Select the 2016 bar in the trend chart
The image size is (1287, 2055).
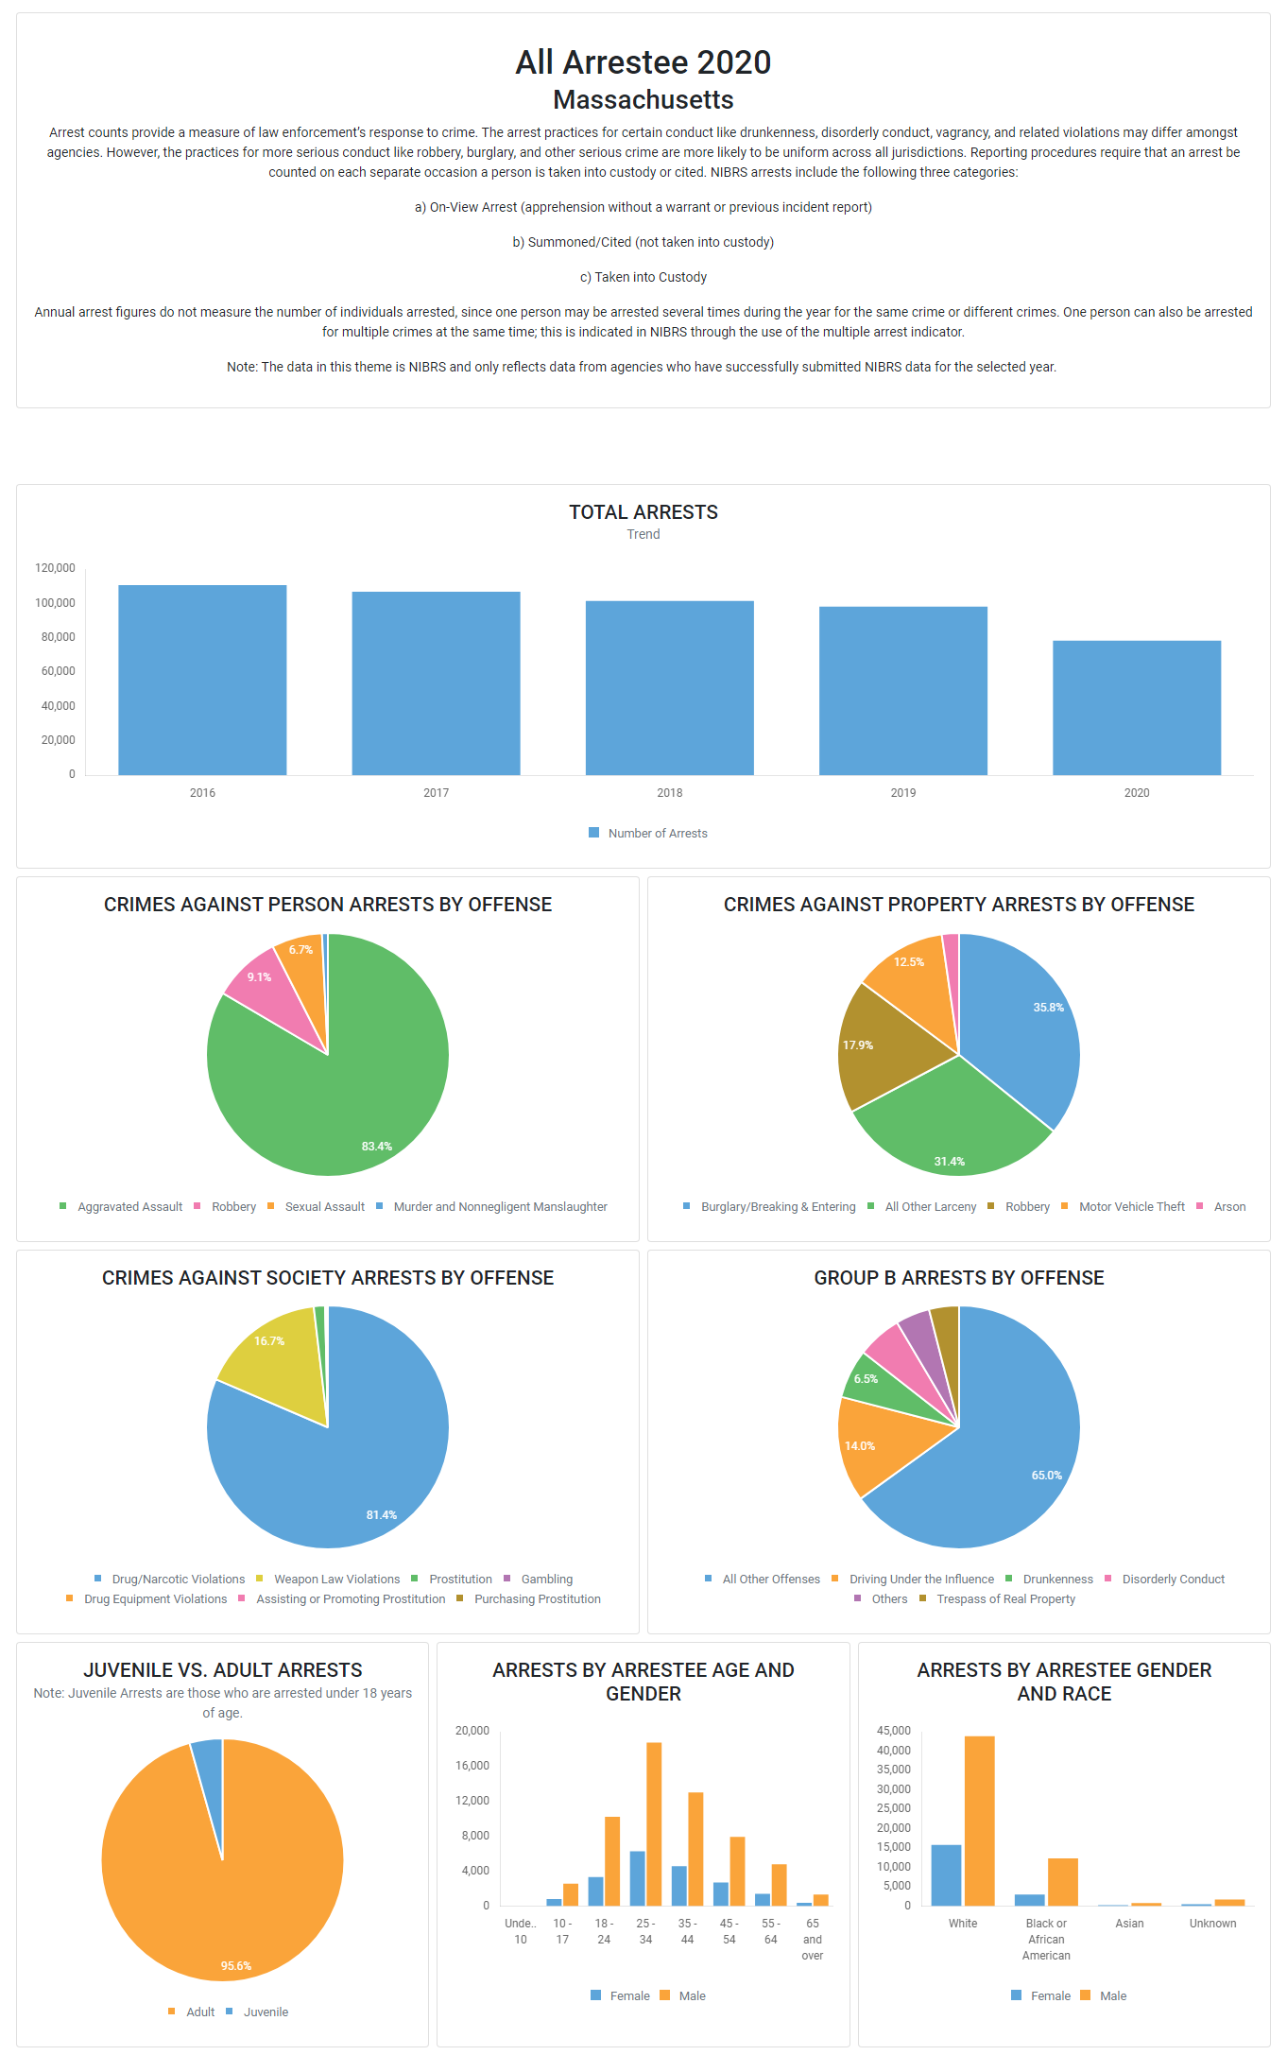(x=202, y=680)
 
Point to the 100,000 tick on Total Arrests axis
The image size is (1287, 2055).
(x=55, y=603)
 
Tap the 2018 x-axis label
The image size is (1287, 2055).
(x=669, y=793)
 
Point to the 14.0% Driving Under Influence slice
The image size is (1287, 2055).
(x=879, y=1442)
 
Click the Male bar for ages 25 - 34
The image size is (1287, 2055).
(x=654, y=1823)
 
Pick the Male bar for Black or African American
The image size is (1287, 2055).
(x=1063, y=1881)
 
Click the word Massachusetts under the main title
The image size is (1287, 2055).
(x=643, y=99)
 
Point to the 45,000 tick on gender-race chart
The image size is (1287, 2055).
(x=894, y=1731)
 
